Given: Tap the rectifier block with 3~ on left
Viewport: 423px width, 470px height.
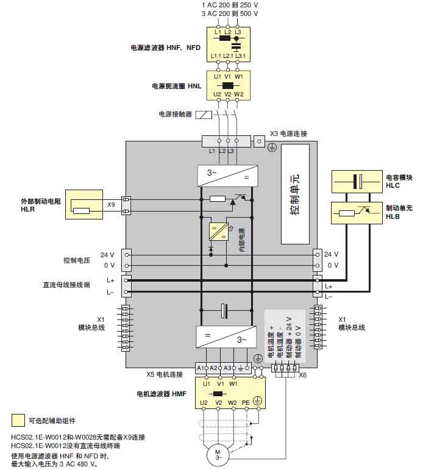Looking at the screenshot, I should tap(227, 176).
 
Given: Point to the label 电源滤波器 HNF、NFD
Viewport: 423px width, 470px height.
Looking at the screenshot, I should tap(165, 47).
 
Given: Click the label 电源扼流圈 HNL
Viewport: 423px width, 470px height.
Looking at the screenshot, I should tap(177, 87).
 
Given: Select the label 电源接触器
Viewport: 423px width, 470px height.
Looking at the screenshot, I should tap(175, 114).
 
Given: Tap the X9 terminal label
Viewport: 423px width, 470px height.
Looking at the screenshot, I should tap(111, 205).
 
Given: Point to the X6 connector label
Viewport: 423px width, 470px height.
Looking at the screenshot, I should tap(302, 375).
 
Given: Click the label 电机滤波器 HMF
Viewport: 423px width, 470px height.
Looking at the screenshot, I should tap(162, 394).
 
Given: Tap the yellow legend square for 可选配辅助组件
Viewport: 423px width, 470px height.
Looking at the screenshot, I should tap(18, 421).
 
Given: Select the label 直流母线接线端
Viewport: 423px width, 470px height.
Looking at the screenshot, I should tap(66, 285).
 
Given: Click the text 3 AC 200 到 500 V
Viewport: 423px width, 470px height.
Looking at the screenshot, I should tap(229, 13).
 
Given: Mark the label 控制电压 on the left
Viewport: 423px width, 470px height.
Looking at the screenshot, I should tap(77, 260).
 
